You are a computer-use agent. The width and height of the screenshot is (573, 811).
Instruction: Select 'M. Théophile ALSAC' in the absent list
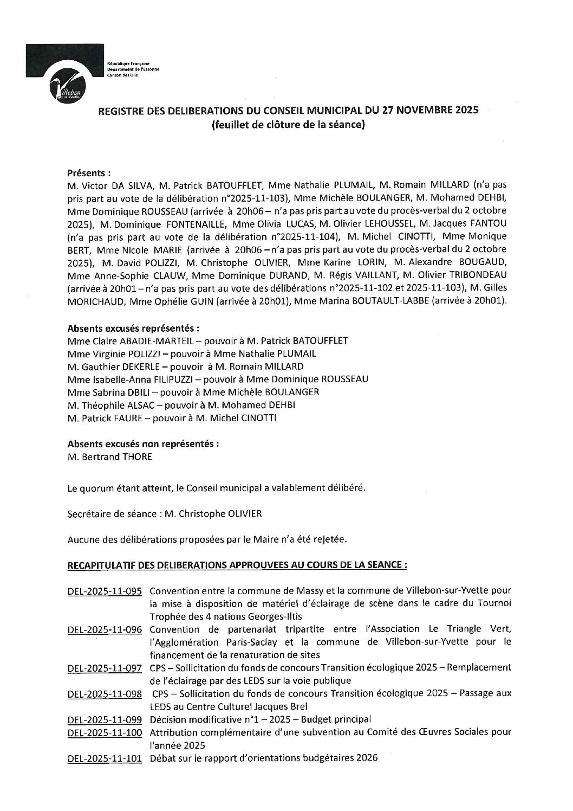pyautogui.click(x=108, y=405)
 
